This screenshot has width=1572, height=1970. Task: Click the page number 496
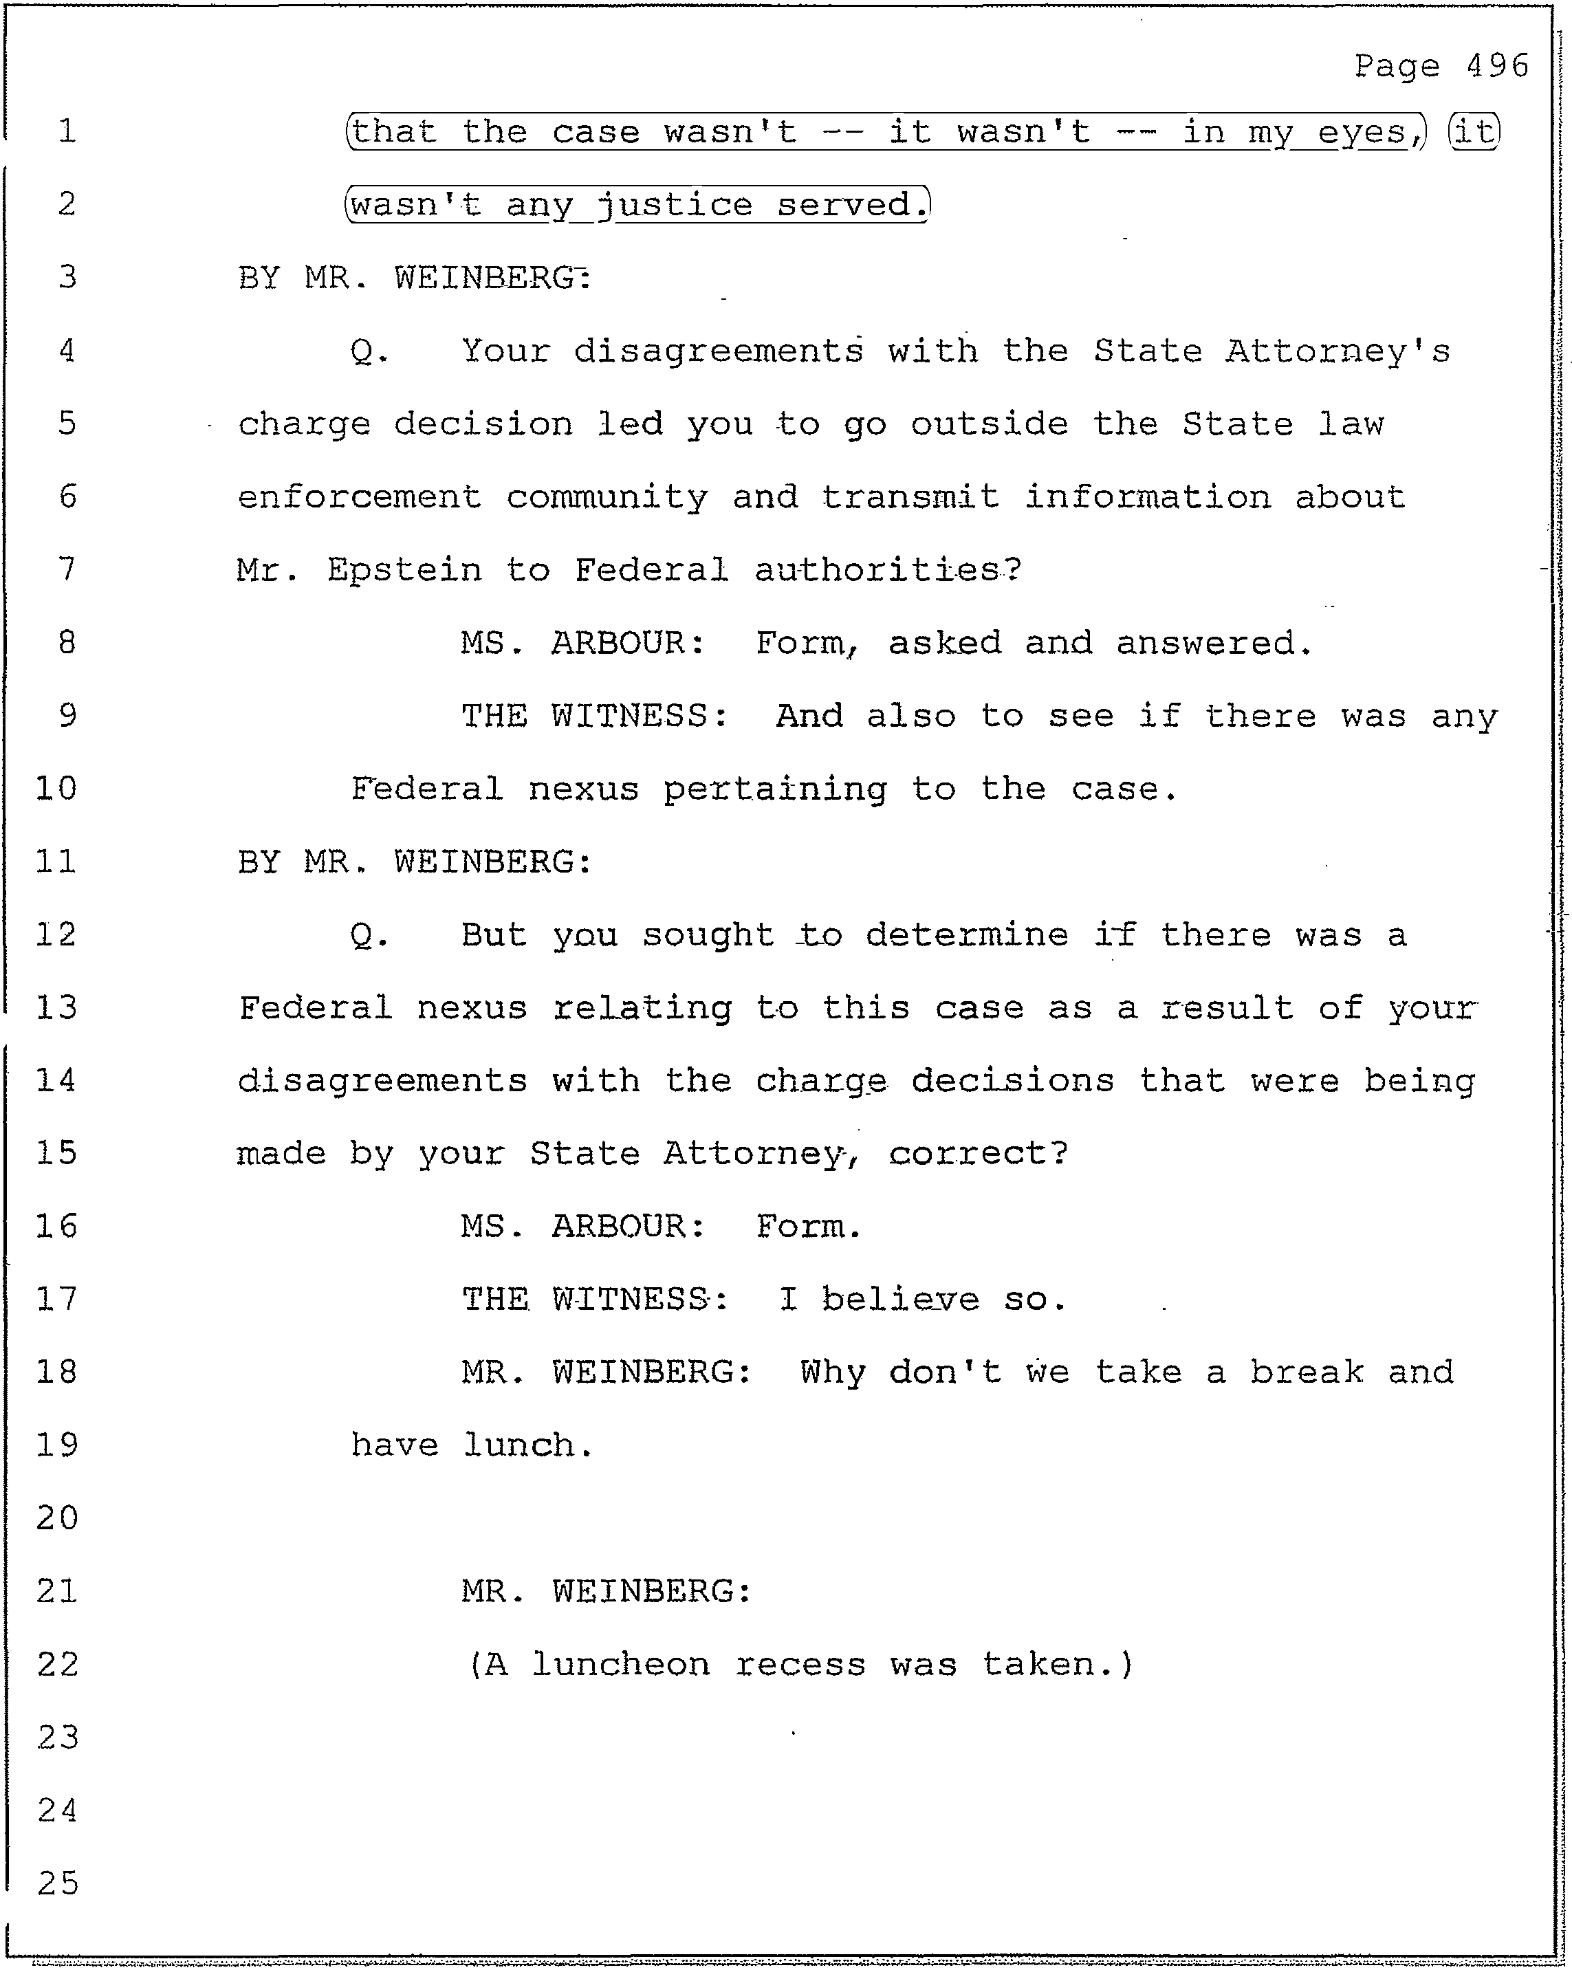click(x=1497, y=66)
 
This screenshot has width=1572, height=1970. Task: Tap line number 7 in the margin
click(x=67, y=569)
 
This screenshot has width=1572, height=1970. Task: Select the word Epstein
click(x=404, y=570)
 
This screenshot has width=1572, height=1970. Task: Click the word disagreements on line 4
click(x=717, y=351)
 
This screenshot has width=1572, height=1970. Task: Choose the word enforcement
click(x=359, y=497)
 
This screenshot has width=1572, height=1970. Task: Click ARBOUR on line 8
click(x=619, y=644)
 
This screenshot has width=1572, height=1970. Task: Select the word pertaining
click(x=774, y=789)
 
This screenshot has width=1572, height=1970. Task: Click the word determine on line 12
click(x=966, y=934)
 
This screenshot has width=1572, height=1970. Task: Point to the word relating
click(x=642, y=1008)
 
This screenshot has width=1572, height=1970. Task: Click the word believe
click(x=899, y=1300)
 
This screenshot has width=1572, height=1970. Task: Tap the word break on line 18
click(x=1307, y=1372)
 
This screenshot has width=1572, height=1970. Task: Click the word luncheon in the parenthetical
click(x=620, y=1665)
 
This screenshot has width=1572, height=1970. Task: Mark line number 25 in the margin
click(x=58, y=1883)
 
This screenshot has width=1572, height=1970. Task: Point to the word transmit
click(x=909, y=497)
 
